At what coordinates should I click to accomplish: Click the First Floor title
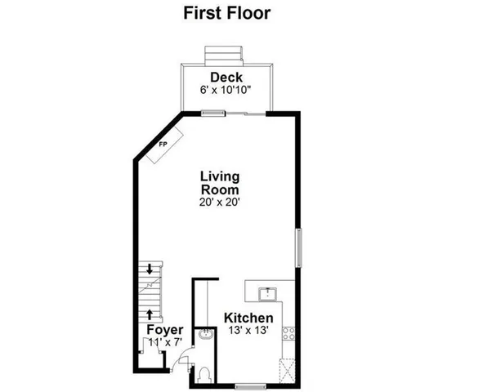[226, 13]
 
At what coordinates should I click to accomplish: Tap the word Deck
[226, 78]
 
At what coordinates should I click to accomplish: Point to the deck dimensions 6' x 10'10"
[226, 90]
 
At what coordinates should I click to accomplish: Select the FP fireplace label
[162, 145]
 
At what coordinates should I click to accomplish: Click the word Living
[220, 176]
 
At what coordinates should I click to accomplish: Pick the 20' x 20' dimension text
[219, 202]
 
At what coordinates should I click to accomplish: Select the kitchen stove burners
[288, 333]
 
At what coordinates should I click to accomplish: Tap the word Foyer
[164, 330]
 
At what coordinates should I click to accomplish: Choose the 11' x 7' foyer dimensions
[164, 342]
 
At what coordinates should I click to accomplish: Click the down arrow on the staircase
[150, 269]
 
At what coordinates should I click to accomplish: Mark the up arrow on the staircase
[150, 312]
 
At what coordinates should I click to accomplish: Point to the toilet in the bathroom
[204, 372]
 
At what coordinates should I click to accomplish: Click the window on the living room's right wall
[298, 247]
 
